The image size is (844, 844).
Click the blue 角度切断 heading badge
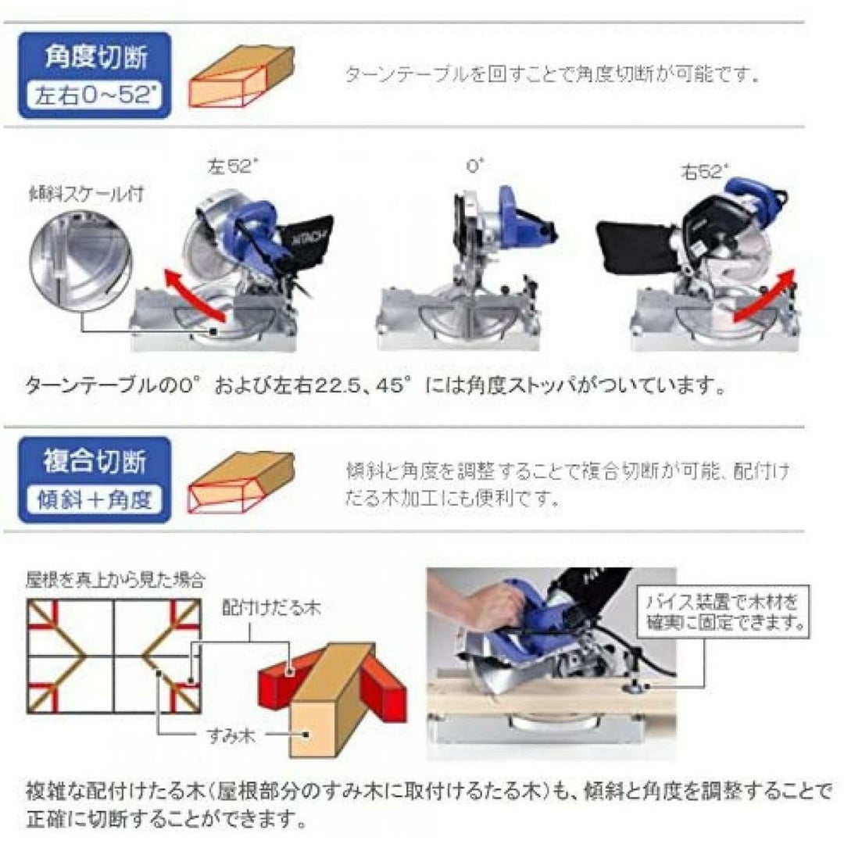[x=95, y=75]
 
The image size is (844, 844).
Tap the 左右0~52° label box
[x=95, y=96]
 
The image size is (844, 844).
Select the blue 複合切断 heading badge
[x=95, y=480]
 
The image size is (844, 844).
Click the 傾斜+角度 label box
[x=95, y=500]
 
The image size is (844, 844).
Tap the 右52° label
[x=704, y=172]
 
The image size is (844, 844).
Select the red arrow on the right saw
[x=764, y=298]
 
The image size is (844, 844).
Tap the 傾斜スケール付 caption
[x=87, y=194]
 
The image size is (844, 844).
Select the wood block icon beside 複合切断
[x=241, y=481]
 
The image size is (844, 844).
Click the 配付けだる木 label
[x=271, y=608]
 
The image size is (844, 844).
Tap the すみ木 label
[x=231, y=735]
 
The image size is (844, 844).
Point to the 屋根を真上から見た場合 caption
[x=116, y=580]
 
